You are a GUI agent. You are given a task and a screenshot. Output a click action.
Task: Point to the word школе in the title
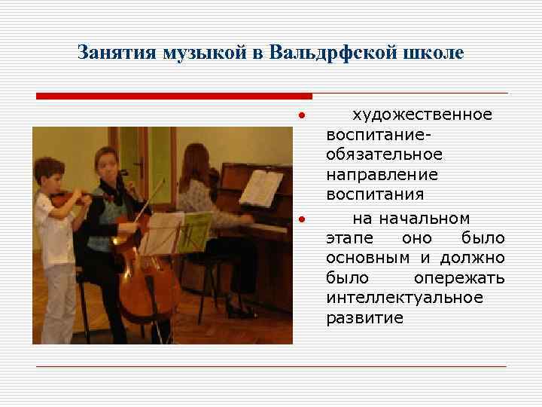click(434, 54)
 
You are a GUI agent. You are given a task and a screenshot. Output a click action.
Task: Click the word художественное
click(422, 115)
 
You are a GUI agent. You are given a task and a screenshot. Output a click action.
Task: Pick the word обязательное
click(384, 155)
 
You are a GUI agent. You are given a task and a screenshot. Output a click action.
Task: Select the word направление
click(382, 174)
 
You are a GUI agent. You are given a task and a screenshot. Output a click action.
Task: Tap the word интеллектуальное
click(404, 298)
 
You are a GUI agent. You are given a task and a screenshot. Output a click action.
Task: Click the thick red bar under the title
click(174, 96)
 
